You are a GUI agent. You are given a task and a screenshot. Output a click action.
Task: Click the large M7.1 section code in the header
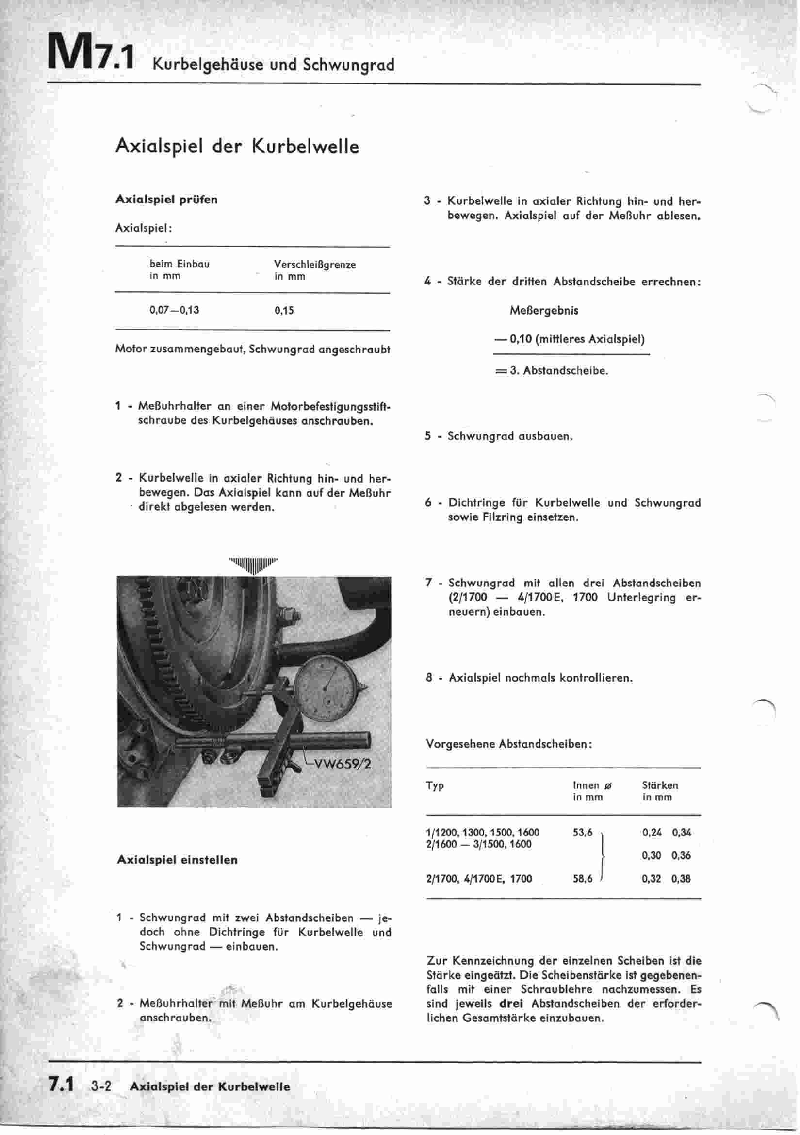(x=90, y=53)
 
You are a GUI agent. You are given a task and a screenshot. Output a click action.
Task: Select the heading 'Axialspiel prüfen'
(x=166, y=200)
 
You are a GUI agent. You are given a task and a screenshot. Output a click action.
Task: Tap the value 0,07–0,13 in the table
(x=175, y=310)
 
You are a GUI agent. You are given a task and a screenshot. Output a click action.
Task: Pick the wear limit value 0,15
(x=284, y=310)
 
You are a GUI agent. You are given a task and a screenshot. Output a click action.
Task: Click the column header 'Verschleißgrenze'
(x=315, y=265)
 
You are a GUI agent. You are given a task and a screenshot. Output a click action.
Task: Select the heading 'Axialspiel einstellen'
(x=178, y=860)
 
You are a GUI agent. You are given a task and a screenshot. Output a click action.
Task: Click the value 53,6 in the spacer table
(x=583, y=833)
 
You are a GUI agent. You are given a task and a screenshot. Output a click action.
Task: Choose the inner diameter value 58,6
(x=583, y=879)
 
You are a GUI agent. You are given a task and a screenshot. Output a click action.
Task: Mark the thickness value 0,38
(x=681, y=879)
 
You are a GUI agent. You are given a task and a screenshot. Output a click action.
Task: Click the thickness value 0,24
(x=652, y=833)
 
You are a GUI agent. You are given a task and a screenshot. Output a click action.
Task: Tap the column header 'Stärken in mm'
(x=660, y=791)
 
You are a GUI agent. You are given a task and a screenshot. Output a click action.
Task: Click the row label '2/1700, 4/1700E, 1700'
(x=479, y=879)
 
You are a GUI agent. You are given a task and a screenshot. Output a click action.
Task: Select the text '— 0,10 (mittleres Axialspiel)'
(x=570, y=339)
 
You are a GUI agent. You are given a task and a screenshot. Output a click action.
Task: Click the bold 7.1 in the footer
(x=61, y=1085)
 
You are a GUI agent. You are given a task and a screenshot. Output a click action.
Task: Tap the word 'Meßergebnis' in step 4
(x=544, y=310)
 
